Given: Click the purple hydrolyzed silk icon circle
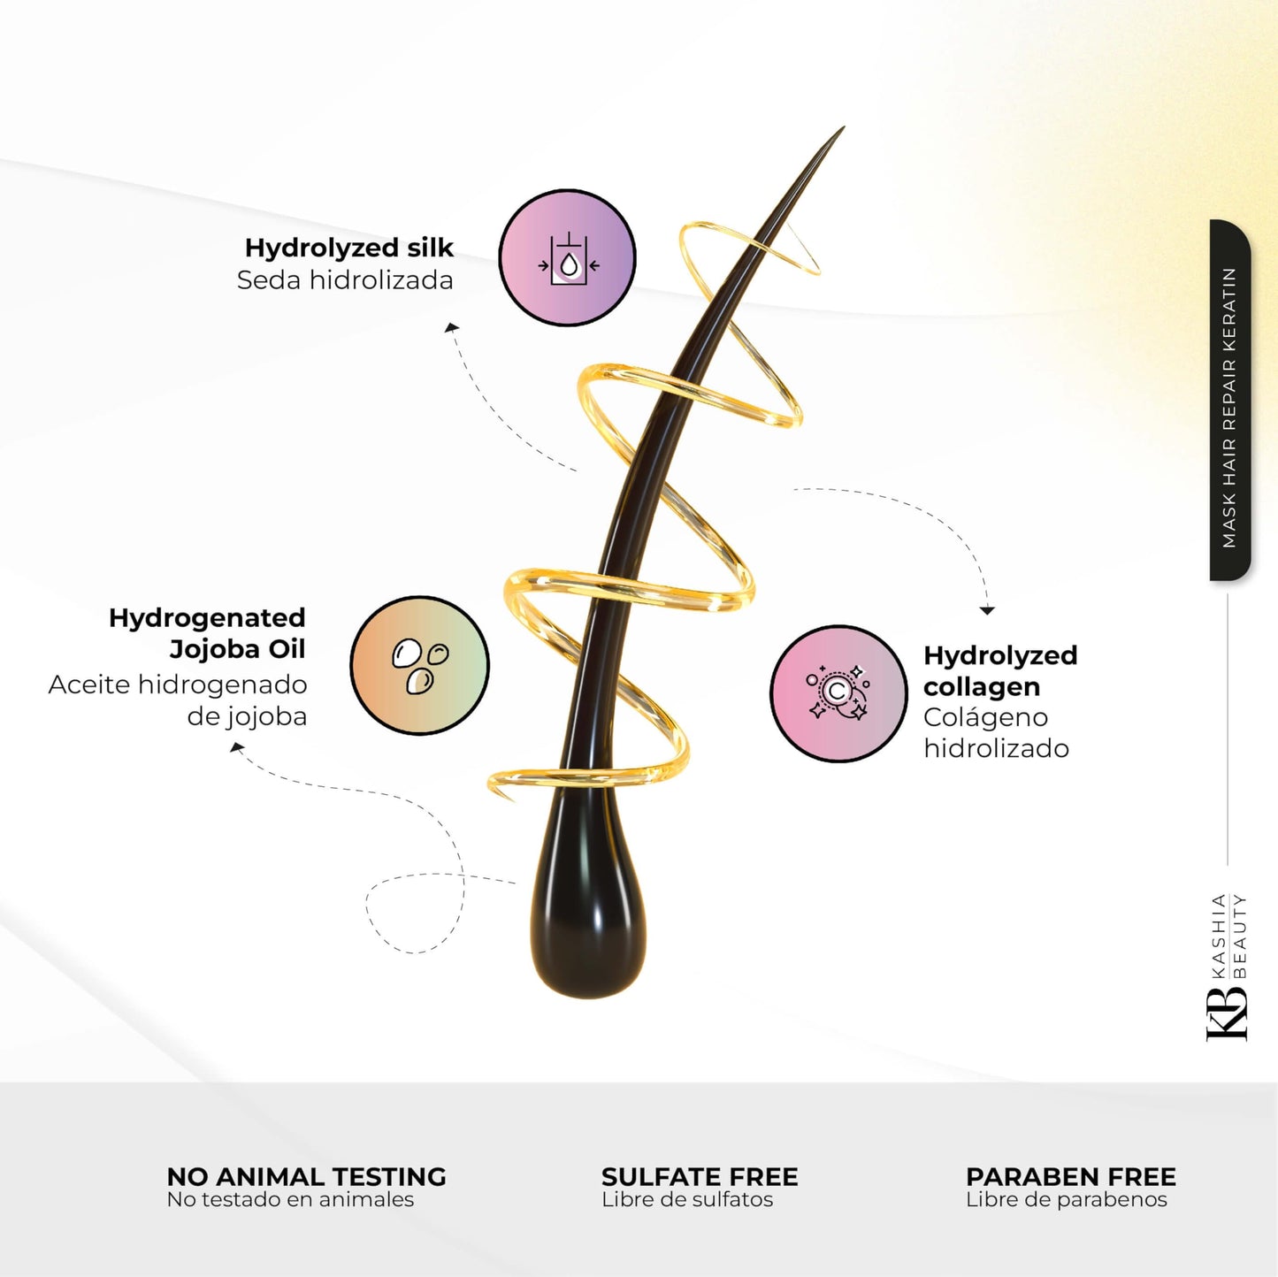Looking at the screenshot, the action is click(x=567, y=258).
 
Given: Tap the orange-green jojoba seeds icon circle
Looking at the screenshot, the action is click(x=419, y=665).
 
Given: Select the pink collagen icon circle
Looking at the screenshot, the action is click(x=838, y=693).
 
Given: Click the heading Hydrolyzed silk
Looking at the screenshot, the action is click(x=348, y=248).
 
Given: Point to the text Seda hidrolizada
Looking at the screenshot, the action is click(x=345, y=280).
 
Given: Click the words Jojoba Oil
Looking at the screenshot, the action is click(x=237, y=649).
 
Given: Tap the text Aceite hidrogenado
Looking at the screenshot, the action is click(x=178, y=684).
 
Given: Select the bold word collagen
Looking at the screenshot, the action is click(x=982, y=688).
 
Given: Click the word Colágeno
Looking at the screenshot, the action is click(x=985, y=717).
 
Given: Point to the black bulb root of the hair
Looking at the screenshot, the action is click(x=587, y=929).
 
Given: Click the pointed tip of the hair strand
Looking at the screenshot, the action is click(x=844, y=126).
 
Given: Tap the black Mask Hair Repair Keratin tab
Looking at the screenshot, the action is click(x=1229, y=401).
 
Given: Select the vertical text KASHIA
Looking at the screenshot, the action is click(x=1218, y=936).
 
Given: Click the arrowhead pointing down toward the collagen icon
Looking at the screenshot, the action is click(x=988, y=610).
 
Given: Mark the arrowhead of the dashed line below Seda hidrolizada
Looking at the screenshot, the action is click(x=452, y=327).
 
